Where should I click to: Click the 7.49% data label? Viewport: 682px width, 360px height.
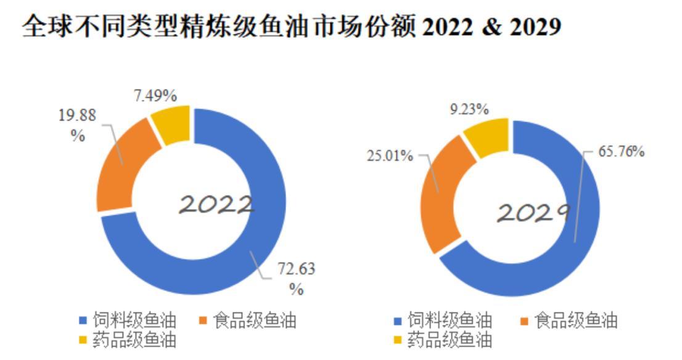155,96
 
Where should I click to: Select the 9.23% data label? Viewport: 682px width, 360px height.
469,109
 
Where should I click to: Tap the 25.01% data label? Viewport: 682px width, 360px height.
390,155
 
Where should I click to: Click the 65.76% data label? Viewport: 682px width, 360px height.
621,151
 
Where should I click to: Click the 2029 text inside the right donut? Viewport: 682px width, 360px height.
533,213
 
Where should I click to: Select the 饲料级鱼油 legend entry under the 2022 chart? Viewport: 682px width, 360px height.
128,321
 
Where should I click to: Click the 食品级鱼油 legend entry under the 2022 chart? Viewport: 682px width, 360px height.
248,321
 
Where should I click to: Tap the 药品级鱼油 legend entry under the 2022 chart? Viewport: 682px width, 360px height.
128,340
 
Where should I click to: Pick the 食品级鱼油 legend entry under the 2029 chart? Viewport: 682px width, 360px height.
569,321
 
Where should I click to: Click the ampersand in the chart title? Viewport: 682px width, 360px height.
491,27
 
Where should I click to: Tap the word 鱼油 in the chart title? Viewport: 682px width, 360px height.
281,27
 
